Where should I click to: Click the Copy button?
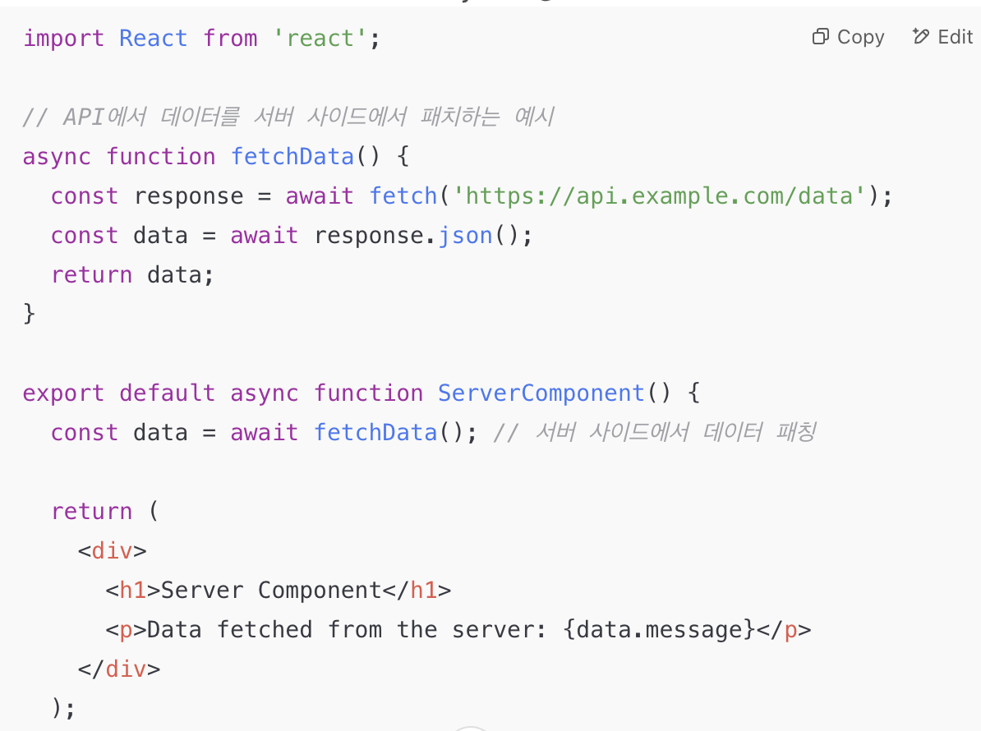[849, 37]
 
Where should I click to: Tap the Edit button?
[943, 37]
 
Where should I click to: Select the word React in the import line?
[154, 39]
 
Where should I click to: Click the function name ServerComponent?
[541, 393]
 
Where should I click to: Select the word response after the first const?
[189, 196]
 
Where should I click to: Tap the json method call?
[465, 236]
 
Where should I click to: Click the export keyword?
[63, 393]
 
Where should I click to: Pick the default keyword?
[168, 393]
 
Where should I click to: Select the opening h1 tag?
[132, 591]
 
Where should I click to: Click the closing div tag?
[119, 669]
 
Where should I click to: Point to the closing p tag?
[784, 630]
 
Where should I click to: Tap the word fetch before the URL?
[403, 196]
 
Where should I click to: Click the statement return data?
[132, 275]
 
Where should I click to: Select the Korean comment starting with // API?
[288, 117]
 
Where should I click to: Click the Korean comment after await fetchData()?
[654, 433]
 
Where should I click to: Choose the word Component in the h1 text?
[320, 591]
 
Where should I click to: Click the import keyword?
[63, 39]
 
